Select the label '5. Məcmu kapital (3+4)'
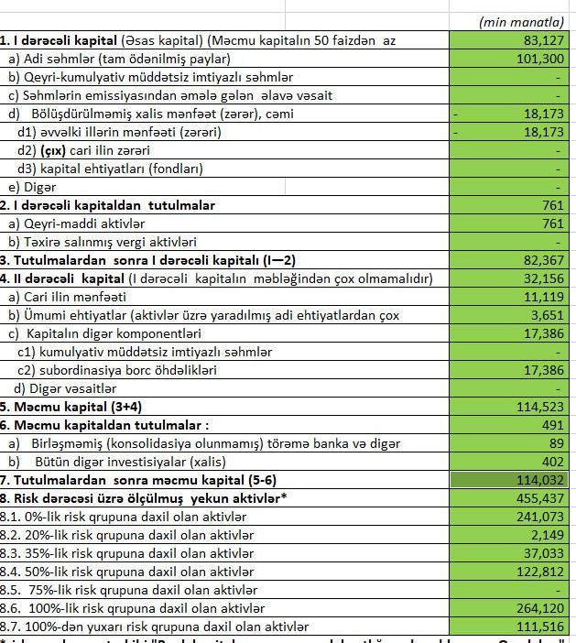pyautogui.click(x=71, y=407)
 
